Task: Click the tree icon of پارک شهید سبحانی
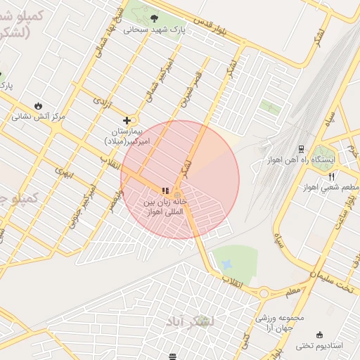154,19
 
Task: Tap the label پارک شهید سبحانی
154,30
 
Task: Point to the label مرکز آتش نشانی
38,117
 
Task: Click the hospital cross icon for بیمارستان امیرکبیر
127,120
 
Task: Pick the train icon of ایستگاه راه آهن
301,149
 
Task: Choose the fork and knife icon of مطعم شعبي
331,176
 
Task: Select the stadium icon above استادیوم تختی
321,334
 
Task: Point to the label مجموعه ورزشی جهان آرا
281,323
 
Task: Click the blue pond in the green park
226,264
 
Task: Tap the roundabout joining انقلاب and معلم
265,293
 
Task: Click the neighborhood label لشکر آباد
191,321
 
